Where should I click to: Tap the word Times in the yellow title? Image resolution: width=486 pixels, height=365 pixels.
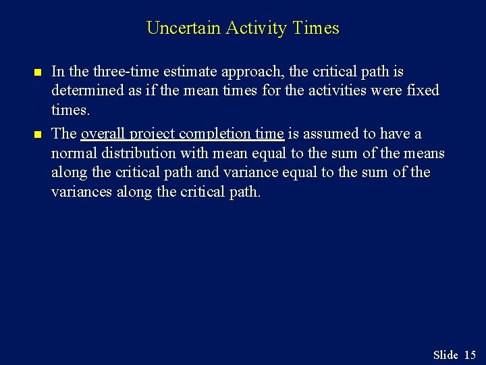tap(317, 28)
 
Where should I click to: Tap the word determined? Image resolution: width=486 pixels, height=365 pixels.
tap(83, 91)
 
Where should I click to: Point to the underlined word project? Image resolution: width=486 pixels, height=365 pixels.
tap(153, 134)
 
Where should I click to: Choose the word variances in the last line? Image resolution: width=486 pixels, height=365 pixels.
tap(82, 192)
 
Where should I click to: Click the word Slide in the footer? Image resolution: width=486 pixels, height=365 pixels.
tap(445, 355)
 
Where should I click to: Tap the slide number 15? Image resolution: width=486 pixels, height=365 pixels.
tap(470, 355)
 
